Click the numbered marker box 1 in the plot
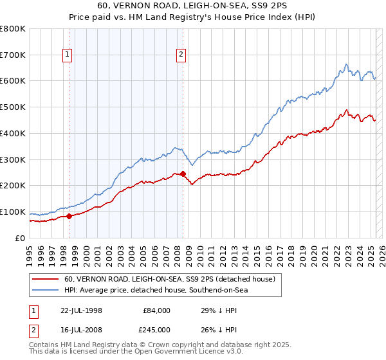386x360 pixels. [x=68, y=55]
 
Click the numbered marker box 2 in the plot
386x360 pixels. [x=181, y=55]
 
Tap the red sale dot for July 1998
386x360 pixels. [x=69, y=216]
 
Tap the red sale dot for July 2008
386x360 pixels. [x=183, y=174]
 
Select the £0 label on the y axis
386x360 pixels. [x=21, y=239]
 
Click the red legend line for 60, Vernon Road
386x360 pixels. [x=46, y=279]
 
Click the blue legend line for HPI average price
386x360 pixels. [x=46, y=290]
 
